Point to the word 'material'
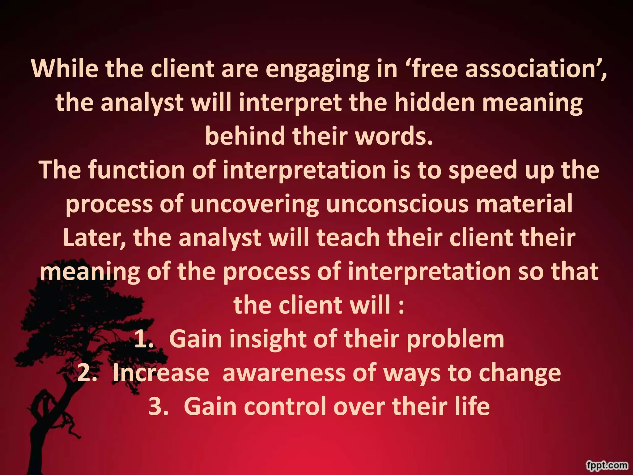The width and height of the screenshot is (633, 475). (524, 204)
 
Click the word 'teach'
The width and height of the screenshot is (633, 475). (348, 238)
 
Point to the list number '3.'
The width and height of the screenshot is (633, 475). (158, 407)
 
